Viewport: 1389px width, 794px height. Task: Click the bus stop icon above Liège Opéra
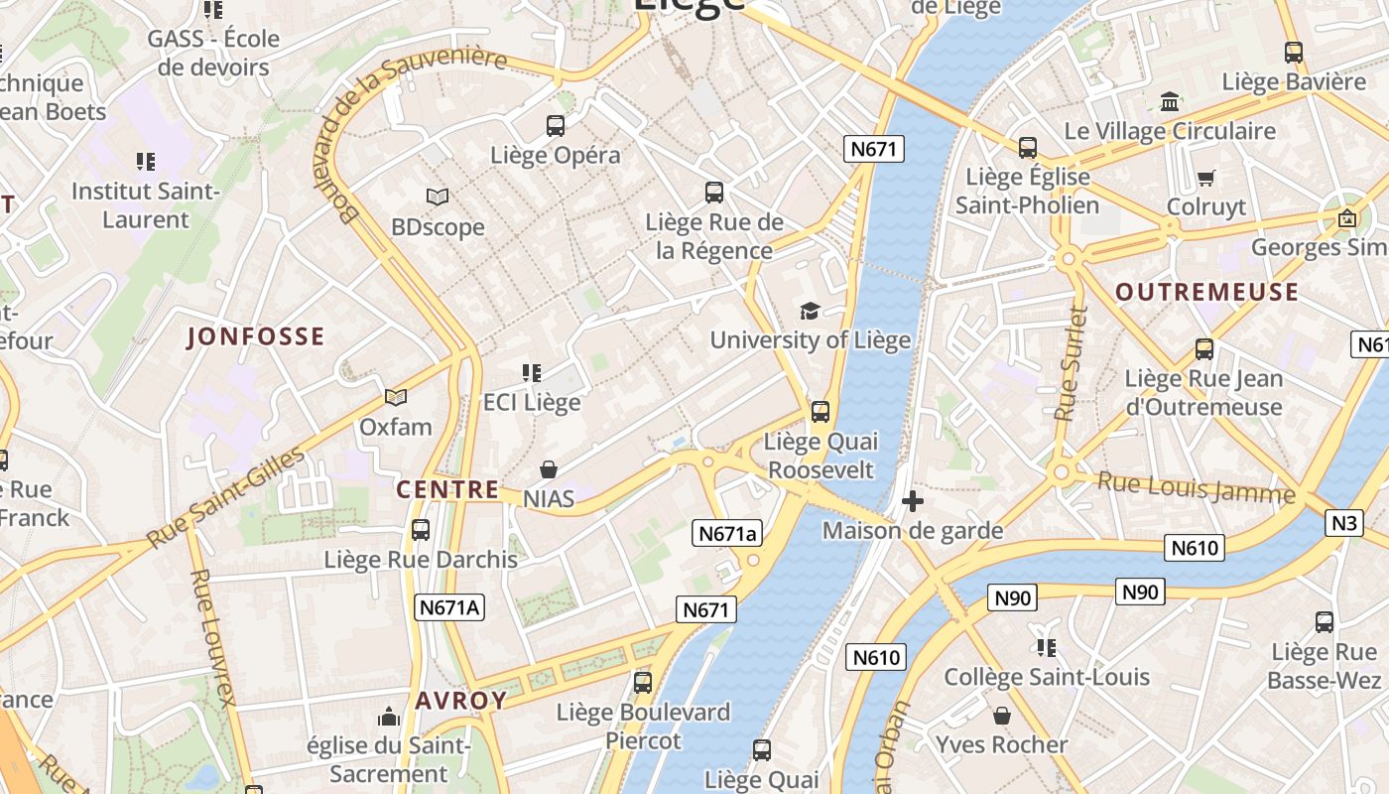coord(556,126)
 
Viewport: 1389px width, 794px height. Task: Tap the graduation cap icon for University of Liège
coord(811,311)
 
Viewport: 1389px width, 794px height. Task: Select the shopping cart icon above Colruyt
coord(1205,179)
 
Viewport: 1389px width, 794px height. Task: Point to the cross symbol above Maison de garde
coord(913,501)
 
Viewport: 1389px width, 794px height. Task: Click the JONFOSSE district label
coord(256,336)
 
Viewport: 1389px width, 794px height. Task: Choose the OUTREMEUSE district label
coord(1206,292)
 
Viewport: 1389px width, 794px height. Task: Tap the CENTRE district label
coord(447,489)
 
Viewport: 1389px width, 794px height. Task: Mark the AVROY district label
coord(461,701)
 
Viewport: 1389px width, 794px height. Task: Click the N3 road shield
coord(1343,523)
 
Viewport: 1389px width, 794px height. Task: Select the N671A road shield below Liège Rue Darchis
coord(449,607)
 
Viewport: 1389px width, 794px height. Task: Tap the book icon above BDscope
coord(438,198)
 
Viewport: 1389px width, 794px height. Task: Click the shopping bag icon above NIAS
coord(549,469)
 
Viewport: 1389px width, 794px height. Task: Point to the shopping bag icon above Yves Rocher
coord(1002,716)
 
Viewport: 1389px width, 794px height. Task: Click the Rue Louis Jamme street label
coord(1196,487)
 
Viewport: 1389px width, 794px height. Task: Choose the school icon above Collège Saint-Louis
coord(1047,648)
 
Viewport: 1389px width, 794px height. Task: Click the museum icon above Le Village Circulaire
coord(1170,101)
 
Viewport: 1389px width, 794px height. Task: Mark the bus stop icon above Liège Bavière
coord(1294,53)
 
